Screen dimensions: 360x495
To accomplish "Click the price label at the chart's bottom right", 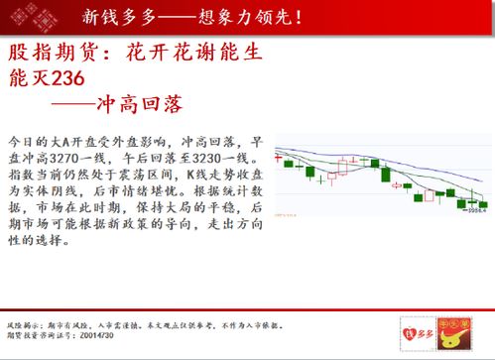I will (474, 209).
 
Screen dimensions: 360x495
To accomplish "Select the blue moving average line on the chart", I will (397, 159).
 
